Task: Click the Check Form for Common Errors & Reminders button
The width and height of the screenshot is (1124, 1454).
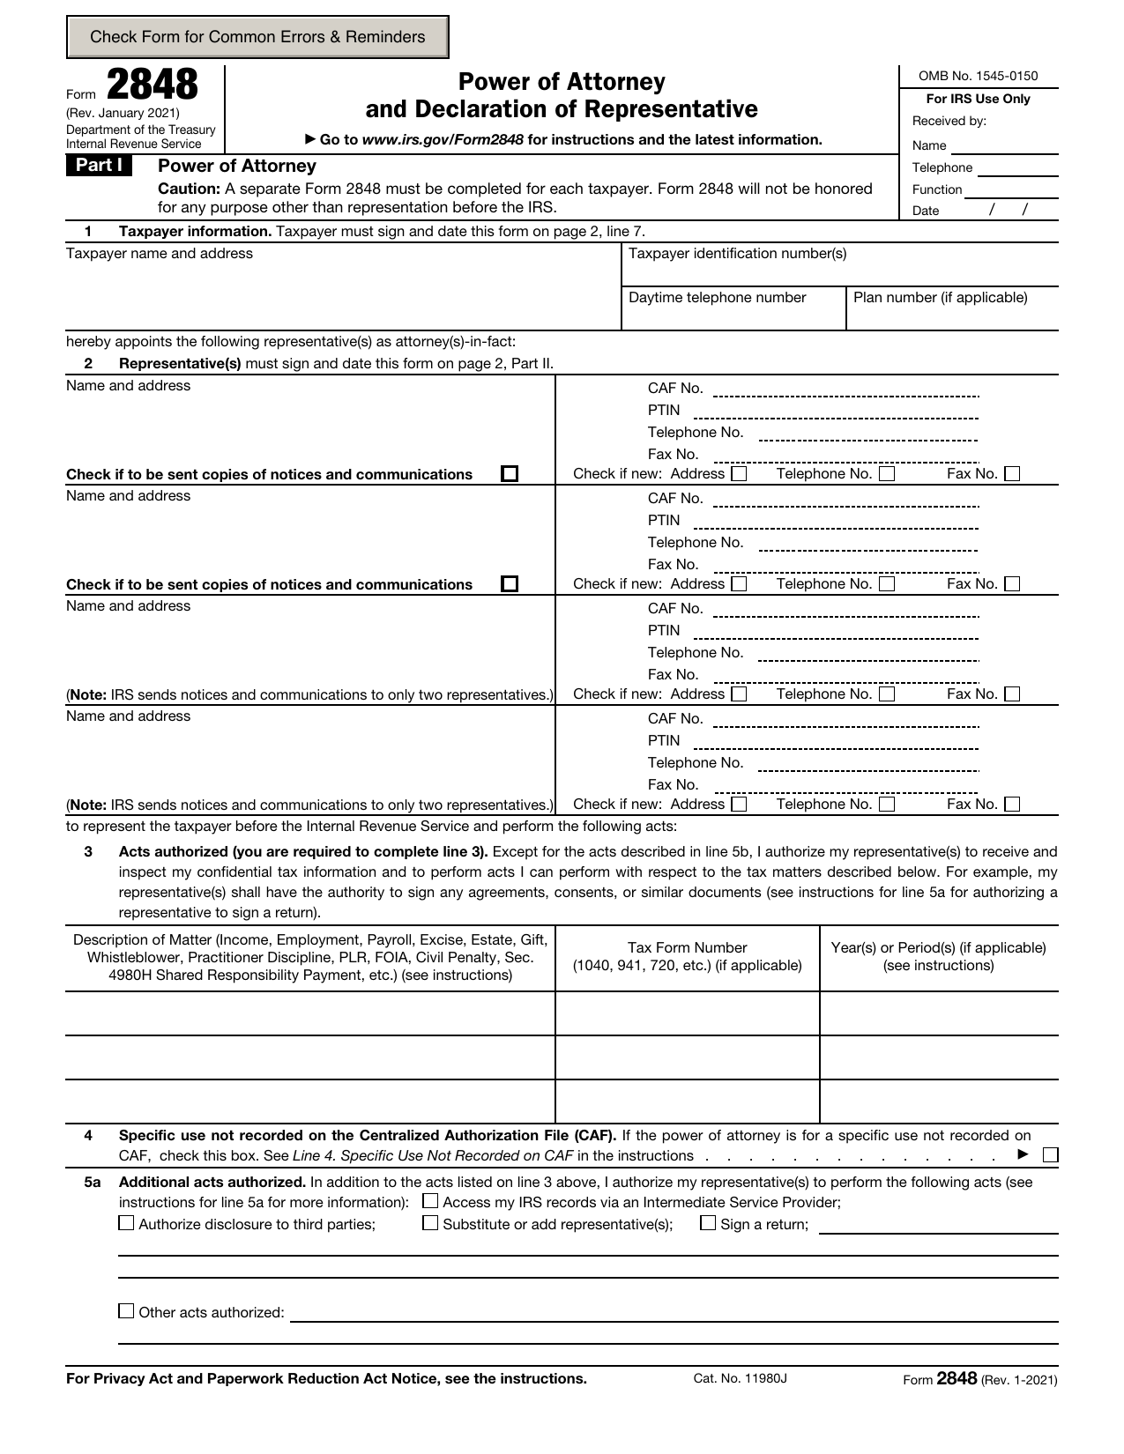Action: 257,37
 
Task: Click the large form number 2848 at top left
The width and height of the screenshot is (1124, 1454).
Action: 153,85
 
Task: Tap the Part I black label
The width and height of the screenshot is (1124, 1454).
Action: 99,166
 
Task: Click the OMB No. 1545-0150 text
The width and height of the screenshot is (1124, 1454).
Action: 978,76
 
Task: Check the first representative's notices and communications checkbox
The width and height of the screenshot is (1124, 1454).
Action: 510,474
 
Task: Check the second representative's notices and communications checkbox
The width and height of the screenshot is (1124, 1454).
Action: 510,584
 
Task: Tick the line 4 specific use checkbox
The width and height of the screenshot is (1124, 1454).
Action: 1049,1155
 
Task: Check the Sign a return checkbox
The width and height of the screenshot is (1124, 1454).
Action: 708,1223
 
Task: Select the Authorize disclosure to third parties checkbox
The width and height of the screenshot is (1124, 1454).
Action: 126,1223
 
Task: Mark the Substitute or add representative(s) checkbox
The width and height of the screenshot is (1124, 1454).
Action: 430,1223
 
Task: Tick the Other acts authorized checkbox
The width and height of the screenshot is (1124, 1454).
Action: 126,1311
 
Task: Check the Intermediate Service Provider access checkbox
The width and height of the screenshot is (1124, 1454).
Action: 430,1201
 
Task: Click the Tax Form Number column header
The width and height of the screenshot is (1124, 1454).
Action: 687,957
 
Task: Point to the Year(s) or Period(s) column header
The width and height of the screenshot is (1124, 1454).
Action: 938,957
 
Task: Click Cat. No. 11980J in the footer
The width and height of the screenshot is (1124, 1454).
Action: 740,1378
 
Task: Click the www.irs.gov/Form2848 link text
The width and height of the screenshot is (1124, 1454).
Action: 443,139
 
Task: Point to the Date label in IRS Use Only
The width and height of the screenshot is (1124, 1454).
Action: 926,211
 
